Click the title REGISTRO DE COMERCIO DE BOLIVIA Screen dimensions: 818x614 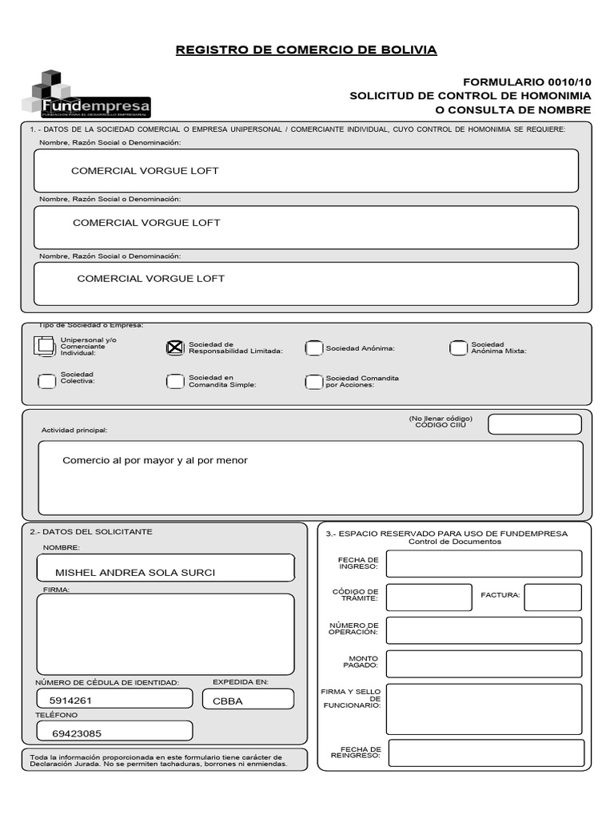point(306,50)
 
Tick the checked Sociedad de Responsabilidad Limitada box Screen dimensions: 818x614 point(175,347)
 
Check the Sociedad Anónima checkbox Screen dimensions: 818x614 point(314,348)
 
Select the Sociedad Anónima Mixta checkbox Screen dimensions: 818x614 point(458,347)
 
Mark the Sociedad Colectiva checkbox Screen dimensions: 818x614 point(46,381)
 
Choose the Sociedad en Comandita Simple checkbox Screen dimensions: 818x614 point(175,381)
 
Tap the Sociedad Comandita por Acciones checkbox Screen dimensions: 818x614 point(314,382)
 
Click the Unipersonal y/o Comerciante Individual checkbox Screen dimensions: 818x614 point(45,347)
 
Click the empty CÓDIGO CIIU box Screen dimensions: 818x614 point(534,424)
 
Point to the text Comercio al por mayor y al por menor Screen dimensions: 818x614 point(155,461)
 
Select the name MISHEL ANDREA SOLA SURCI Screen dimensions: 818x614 point(135,573)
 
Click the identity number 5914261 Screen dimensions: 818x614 point(71,701)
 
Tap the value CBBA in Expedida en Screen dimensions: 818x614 point(227,701)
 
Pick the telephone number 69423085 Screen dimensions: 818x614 point(77,733)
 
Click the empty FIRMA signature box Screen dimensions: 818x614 point(165,634)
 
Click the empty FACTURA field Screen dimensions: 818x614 point(552,597)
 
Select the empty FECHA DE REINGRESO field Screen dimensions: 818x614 point(484,752)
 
